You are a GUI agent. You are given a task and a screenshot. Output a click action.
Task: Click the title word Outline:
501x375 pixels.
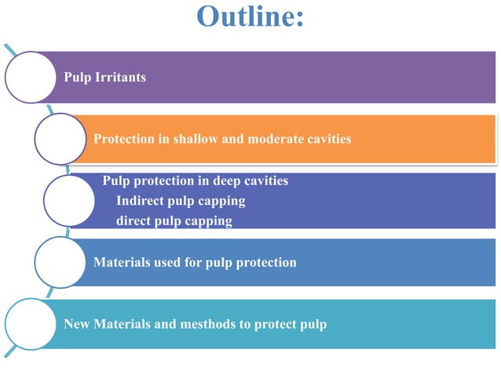coord(250,16)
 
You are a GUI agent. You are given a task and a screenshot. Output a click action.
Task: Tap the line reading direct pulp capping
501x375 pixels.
coord(174,221)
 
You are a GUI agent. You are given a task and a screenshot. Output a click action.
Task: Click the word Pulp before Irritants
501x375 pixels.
coord(78,78)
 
